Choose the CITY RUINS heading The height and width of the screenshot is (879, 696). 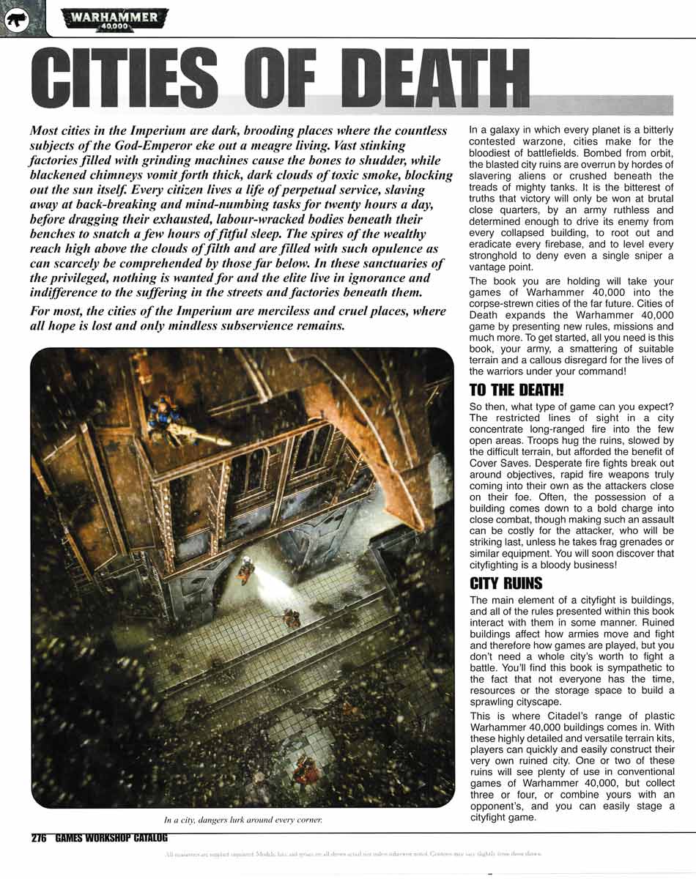pos(506,584)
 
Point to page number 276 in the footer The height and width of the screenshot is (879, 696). pos(40,839)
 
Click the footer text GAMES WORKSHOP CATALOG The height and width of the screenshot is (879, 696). pos(111,839)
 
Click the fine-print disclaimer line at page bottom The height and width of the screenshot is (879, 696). pos(352,854)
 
